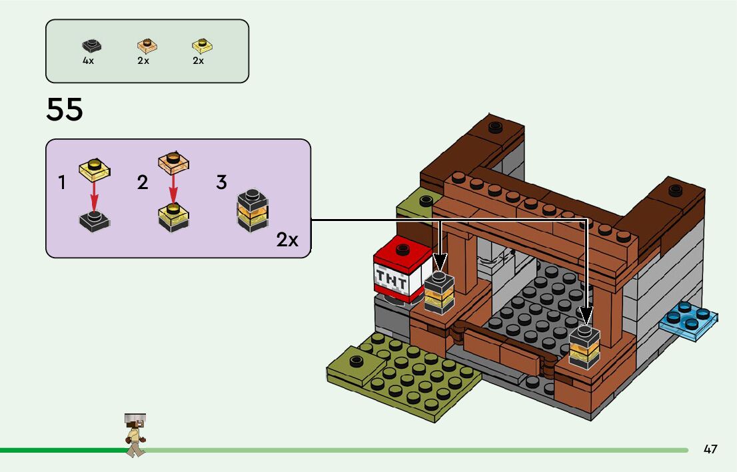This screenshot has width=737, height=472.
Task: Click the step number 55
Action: pyautogui.click(x=65, y=110)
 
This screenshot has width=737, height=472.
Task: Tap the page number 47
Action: pyautogui.click(x=710, y=449)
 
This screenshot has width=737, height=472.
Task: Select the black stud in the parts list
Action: pyautogui.click(x=91, y=46)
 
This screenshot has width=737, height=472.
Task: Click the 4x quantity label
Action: pyautogui.click(x=88, y=61)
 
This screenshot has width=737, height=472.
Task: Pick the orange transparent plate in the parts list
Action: pyautogui.click(x=147, y=46)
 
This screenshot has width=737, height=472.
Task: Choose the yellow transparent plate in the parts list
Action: pyautogui.click(x=202, y=46)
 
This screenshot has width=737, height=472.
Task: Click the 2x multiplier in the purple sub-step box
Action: pyautogui.click(x=287, y=240)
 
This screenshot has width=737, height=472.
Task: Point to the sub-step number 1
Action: pyautogui.click(x=62, y=182)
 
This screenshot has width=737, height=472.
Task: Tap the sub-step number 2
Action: pyautogui.click(x=142, y=182)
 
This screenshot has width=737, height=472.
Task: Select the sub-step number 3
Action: pyautogui.click(x=221, y=182)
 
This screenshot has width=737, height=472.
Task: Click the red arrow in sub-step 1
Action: pyautogui.click(x=94, y=193)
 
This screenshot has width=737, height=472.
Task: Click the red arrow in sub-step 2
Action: pyautogui.click(x=173, y=192)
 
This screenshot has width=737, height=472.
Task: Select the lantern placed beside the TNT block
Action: pyautogui.click(x=439, y=293)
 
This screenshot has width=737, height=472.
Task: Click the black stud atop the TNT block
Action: pyautogui.click(x=402, y=249)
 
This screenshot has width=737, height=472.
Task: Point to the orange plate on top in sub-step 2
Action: pyautogui.click(x=174, y=162)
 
